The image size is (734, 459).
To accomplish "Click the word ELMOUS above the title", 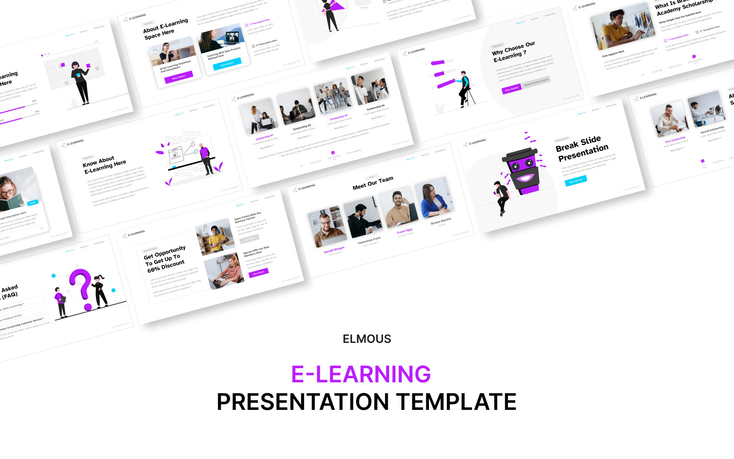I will [x=367, y=339].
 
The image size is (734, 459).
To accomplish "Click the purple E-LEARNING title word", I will [x=361, y=374].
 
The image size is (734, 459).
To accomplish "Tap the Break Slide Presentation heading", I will [x=582, y=149].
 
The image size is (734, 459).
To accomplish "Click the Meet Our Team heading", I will [x=373, y=183].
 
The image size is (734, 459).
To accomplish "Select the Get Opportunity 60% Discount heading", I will [x=166, y=260].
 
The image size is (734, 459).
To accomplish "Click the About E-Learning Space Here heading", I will [x=165, y=28].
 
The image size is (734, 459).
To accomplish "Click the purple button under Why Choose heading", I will [x=512, y=89].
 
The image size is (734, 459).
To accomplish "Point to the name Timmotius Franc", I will [x=369, y=241].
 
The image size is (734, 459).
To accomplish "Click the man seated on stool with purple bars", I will [x=465, y=89].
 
